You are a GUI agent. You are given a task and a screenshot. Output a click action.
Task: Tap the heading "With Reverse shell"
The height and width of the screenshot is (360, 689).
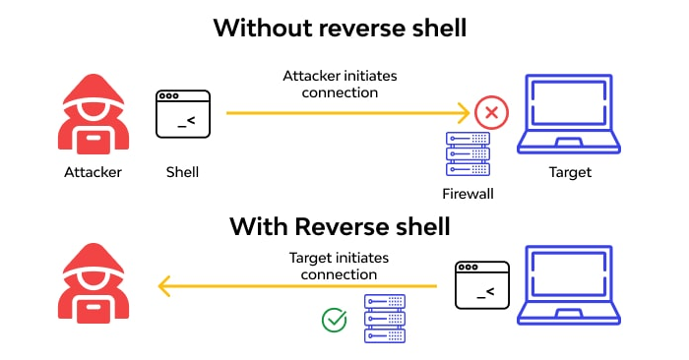coord(340,227)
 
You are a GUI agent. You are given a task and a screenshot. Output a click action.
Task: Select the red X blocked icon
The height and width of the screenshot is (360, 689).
coord(489,113)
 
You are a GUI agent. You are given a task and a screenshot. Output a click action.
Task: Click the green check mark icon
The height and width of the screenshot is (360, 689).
coord(335,320)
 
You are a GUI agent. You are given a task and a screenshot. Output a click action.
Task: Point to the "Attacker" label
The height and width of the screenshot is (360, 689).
coord(94,172)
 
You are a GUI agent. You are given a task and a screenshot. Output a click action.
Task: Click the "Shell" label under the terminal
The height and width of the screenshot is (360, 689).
coord(182,172)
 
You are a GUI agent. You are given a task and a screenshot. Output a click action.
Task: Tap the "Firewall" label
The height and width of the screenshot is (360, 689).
coord(468,194)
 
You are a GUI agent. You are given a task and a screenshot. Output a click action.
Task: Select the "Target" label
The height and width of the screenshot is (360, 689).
coord(570,172)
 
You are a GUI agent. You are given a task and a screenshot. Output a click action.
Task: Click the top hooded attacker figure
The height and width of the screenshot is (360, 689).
coord(94,113)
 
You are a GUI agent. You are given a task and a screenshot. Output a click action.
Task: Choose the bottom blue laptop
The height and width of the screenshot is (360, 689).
coord(570,285)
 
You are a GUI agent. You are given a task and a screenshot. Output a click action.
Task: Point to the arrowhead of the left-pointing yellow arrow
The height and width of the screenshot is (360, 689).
coord(165,286)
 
